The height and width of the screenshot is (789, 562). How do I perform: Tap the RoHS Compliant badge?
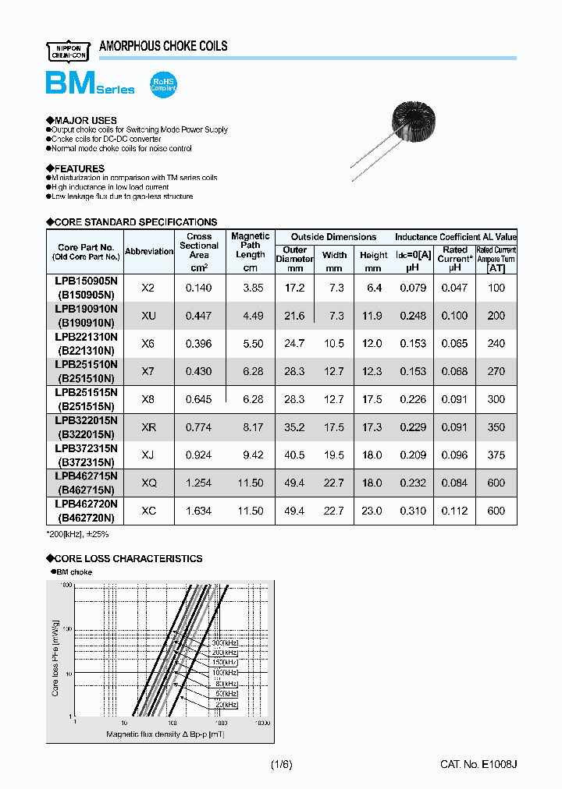[x=163, y=85]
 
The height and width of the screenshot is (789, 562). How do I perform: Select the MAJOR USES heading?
[x=84, y=120]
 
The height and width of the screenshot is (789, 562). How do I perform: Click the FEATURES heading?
[x=78, y=168]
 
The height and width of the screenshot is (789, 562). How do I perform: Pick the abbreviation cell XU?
[x=148, y=316]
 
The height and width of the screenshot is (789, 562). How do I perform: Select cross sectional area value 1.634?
[x=199, y=511]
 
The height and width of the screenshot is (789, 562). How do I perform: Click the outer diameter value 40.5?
[x=294, y=455]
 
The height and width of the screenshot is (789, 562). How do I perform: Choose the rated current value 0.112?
[x=455, y=511]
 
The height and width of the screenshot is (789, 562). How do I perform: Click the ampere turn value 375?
[x=496, y=455]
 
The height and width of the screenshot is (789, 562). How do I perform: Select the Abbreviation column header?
[x=149, y=251]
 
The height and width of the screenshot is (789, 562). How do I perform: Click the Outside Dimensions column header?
[x=333, y=236]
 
